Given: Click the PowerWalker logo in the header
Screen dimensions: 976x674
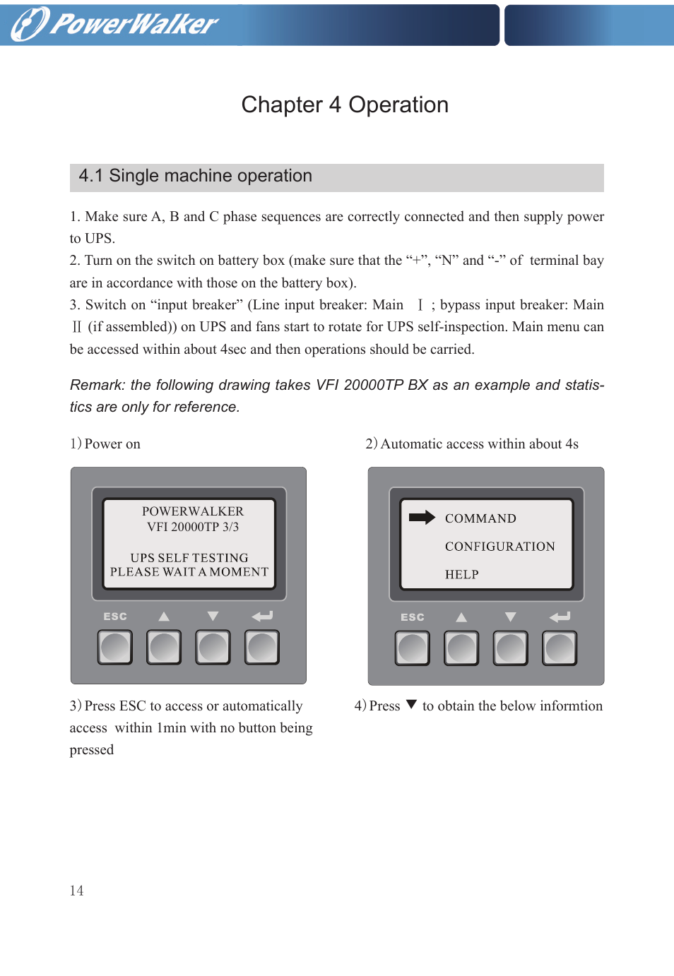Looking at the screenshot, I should pyautogui.click(x=115, y=24).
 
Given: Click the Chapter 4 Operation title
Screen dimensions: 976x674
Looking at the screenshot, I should pyautogui.click(x=345, y=105).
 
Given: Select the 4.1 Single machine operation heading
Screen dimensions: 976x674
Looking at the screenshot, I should pyautogui.click(x=196, y=176).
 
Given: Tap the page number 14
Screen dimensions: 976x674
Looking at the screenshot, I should pyautogui.click(x=76, y=891).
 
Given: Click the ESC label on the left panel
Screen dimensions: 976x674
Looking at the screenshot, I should pyautogui.click(x=115, y=617).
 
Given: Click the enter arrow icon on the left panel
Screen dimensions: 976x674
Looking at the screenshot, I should pyautogui.click(x=262, y=617).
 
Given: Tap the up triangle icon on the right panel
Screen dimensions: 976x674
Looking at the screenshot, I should pyautogui.click(x=461, y=617).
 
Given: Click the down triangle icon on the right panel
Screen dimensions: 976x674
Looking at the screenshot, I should pyautogui.click(x=510, y=617).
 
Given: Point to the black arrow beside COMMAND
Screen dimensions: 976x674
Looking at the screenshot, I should pyautogui.click(x=422, y=518).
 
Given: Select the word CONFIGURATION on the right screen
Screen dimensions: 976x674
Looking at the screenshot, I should pyautogui.click(x=499, y=547).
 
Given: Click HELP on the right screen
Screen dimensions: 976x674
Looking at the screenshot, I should pyautogui.click(x=461, y=575).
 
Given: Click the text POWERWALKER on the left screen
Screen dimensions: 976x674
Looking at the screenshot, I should pyautogui.click(x=192, y=511).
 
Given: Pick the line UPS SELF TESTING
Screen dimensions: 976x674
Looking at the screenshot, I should pyautogui.click(x=189, y=558).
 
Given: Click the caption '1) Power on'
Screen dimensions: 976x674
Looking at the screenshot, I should pyautogui.click(x=105, y=444).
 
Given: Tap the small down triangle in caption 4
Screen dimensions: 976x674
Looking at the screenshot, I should pyautogui.click(x=411, y=705).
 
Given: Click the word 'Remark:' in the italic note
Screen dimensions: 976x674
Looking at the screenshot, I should pyautogui.click(x=97, y=385).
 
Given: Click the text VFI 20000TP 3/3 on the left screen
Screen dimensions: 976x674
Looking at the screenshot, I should pyautogui.click(x=192, y=527).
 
